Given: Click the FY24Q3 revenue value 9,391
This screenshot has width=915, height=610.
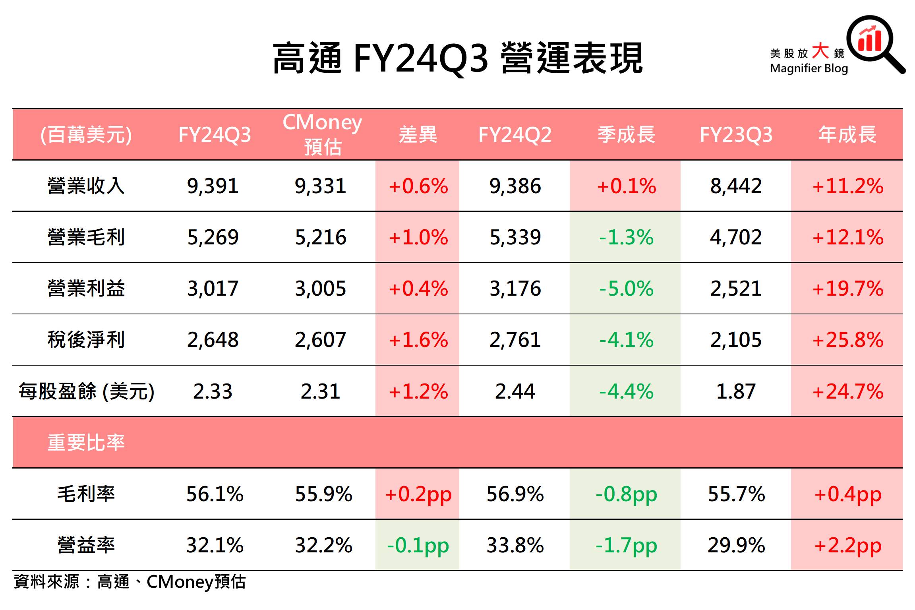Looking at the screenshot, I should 213,186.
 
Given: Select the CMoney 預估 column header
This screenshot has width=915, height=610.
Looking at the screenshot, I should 322,134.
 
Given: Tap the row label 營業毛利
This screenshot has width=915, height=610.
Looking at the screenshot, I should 86,237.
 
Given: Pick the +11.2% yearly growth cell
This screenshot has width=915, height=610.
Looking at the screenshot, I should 847,186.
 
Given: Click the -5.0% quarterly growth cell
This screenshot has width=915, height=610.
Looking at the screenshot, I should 626,289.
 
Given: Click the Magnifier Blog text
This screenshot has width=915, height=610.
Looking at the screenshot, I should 809,68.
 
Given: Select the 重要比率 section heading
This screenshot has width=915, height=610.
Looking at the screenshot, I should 86,442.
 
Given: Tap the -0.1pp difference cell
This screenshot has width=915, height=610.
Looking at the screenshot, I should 418,545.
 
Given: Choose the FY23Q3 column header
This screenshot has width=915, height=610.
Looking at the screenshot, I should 736,134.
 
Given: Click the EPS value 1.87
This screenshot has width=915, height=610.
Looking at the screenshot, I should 736,391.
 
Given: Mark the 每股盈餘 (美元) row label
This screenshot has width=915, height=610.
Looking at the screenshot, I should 87,391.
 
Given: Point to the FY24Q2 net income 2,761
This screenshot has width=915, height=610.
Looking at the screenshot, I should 515,340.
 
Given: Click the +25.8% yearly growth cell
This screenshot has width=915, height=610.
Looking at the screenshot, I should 847,340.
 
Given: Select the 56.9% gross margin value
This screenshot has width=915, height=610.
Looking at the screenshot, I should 515,494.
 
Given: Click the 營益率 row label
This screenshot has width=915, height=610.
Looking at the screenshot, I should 86,545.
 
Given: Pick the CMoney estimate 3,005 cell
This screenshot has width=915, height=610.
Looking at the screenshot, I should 320,289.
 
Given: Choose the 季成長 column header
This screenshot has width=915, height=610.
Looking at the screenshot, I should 626,134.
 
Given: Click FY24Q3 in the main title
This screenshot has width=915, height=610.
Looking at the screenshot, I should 420,59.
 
